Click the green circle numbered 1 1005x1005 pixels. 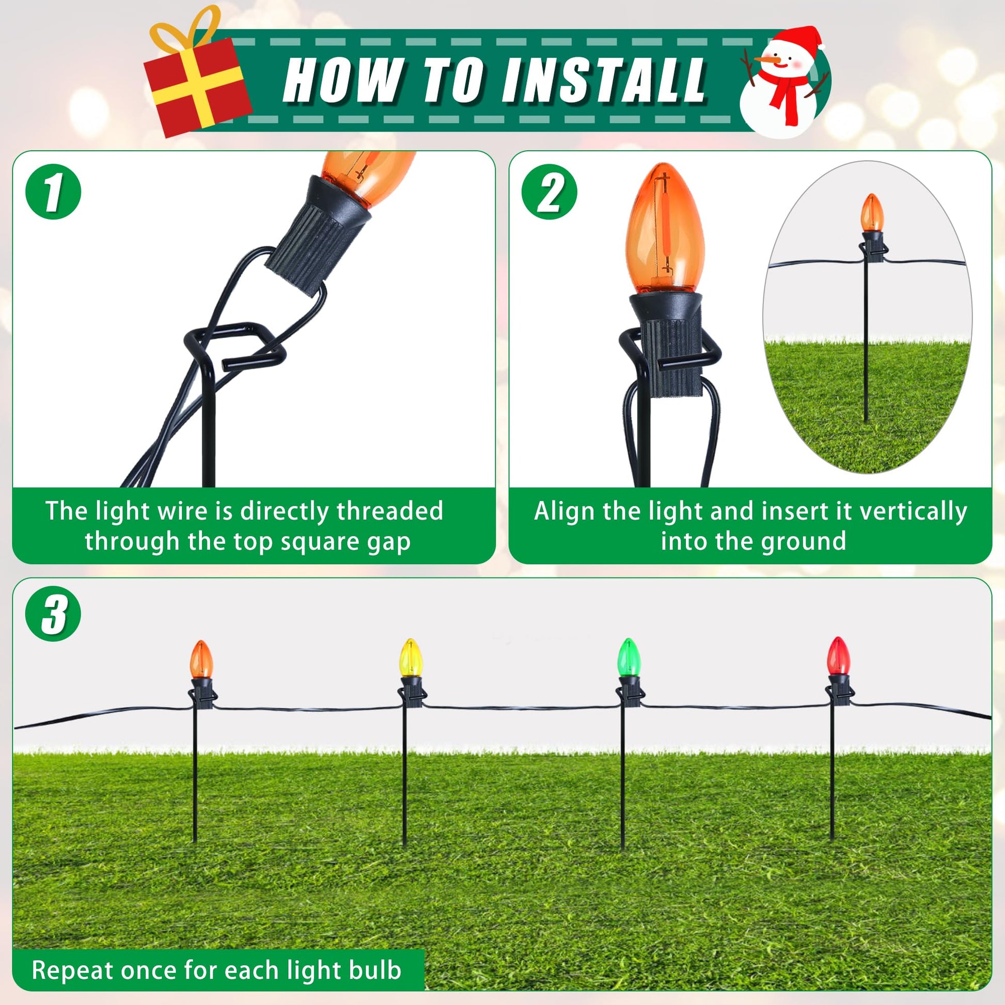coord(53,192)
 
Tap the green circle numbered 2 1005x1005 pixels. coord(549,192)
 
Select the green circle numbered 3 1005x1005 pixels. coord(53,614)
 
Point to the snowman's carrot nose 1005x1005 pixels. coord(768,61)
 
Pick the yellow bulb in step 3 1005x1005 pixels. coord(411,658)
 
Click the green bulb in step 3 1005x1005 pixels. coord(629,657)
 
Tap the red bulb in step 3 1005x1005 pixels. coord(839,655)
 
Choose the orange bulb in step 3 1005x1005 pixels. coord(201,659)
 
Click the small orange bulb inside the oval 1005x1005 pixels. coord(872,213)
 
